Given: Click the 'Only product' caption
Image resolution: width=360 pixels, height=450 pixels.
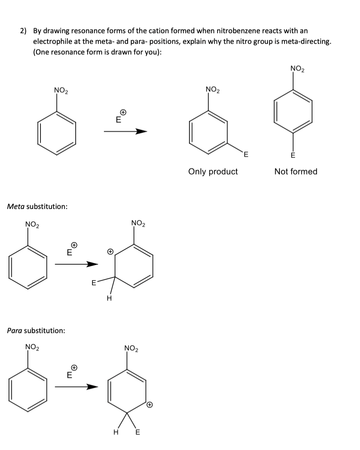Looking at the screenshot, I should pyautogui.click(x=213, y=171).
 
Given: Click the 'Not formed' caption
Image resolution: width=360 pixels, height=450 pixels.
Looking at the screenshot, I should pyautogui.click(x=296, y=171).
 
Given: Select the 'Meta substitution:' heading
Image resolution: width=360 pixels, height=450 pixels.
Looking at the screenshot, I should pyautogui.click(x=38, y=207).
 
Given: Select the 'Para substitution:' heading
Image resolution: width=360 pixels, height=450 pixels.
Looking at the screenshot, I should pyautogui.click(x=36, y=331).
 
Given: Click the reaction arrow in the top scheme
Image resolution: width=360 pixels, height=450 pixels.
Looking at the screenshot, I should pyautogui.click(x=125, y=131).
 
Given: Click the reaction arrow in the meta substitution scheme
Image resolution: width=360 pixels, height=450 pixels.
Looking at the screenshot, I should pyautogui.click(x=76, y=264).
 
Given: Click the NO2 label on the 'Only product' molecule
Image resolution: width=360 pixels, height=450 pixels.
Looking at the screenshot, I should pyautogui.click(x=213, y=90).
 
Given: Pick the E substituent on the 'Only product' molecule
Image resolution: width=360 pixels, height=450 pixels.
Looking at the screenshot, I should pyautogui.click(x=246, y=154).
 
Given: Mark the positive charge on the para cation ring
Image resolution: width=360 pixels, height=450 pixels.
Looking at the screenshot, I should pyautogui.click(x=150, y=405).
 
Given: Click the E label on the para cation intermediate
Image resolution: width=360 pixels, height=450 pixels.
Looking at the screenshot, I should pyautogui.click(x=137, y=433).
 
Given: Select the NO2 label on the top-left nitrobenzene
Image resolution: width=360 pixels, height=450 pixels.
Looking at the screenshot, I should pyautogui.click(x=61, y=91).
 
